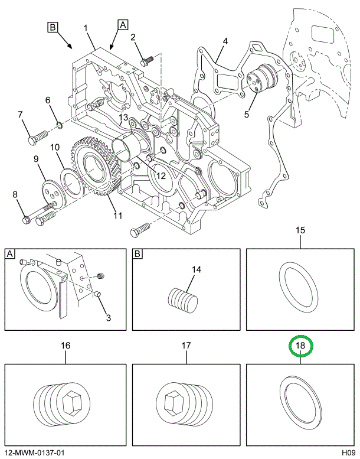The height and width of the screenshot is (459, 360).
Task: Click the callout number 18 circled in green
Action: (300, 346)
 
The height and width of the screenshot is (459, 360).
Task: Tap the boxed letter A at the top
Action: (123, 25)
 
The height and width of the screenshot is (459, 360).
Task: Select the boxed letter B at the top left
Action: (53, 27)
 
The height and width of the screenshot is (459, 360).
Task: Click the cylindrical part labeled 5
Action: (262, 79)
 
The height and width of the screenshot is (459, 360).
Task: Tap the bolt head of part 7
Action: (32, 141)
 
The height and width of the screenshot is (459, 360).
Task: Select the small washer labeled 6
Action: (60, 126)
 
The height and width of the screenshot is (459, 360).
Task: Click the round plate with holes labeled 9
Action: (53, 193)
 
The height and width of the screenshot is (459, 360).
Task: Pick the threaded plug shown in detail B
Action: (183, 298)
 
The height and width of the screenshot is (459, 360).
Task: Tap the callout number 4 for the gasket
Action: (225, 41)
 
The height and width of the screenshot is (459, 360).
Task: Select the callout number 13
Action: (123, 118)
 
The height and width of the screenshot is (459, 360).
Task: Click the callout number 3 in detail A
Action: (108, 317)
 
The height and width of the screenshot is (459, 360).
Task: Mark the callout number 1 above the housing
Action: (86, 28)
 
